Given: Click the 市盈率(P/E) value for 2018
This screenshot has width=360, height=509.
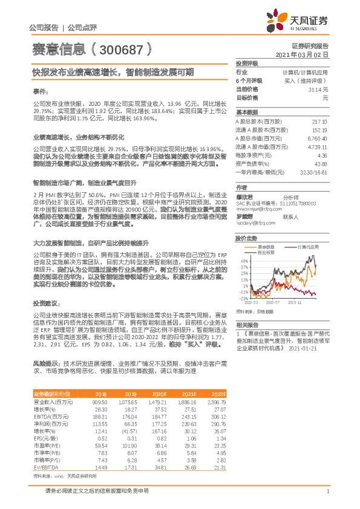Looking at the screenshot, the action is point(100,446).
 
